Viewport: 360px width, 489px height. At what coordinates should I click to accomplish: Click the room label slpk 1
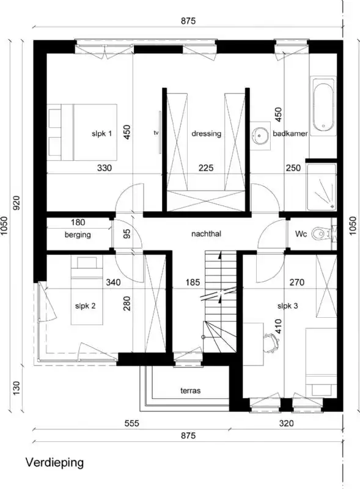pyautogui.click(x=101, y=134)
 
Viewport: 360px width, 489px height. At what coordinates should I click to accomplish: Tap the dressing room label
pyautogui.click(x=206, y=134)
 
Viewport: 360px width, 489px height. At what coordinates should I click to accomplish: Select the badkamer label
pyautogui.click(x=290, y=134)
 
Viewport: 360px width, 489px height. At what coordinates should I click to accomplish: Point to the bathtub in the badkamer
pyautogui.click(x=323, y=106)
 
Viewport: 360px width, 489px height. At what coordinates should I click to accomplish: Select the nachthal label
pyautogui.click(x=205, y=233)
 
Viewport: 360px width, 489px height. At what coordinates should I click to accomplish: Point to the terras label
pyautogui.click(x=190, y=390)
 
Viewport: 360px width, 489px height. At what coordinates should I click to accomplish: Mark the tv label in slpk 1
pyautogui.click(x=156, y=132)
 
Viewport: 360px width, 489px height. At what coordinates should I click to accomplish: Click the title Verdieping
pyautogui.click(x=54, y=463)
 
